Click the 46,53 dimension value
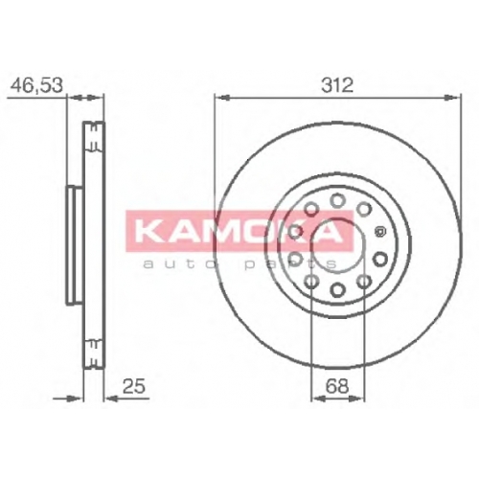pyautogui.click(x=36, y=85)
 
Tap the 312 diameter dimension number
pyautogui.click(x=337, y=85)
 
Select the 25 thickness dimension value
pyautogui.click(x=134, y=386)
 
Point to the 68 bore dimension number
pyautogui.click(x=337, y=386)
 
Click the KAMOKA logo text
pyautogui.click(x=239, y=231)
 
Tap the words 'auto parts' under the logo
pyautogui.click(x=239, y=263)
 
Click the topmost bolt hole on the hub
pyautogui.click(x=337, y=200)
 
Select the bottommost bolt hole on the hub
pyautogui.click(x=337, y=289)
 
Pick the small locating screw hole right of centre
pyautogui.click(x=380, y=231)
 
